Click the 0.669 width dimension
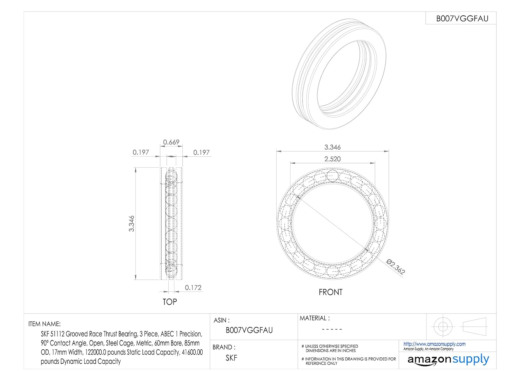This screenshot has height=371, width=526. tap(171, 142)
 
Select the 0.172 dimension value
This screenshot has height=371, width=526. tap(193, 288)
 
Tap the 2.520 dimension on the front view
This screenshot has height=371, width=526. tap(332, 159)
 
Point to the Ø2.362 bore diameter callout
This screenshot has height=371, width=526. tap(396, 267)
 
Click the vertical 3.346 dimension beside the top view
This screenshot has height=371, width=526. tap(131, 224)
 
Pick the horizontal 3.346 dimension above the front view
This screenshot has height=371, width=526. tap(332, 147)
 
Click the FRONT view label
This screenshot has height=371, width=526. tap(331, 292)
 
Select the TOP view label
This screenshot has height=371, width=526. tap(170, 302)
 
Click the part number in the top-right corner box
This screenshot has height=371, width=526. tap(462, 19)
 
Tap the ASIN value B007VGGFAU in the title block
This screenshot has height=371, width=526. tap(249, 330)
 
